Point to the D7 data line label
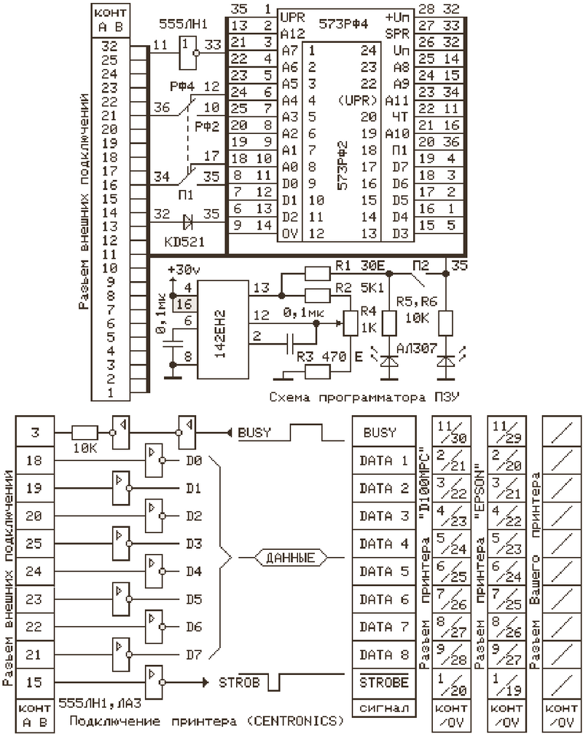click(x=192, y=654)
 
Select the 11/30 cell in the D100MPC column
click(x=449, y=433)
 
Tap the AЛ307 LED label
click(x=415, y=348)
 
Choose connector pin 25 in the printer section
click(x=34, y=543)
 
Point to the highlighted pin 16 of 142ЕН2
click(x=183, y=303)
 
